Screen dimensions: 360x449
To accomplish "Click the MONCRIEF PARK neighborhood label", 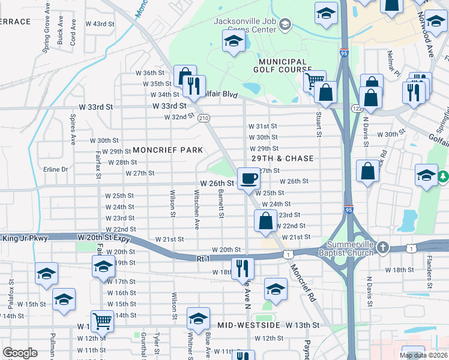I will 167,149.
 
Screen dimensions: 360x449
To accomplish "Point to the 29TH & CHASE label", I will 283,158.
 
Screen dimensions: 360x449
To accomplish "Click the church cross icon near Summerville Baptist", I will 384,247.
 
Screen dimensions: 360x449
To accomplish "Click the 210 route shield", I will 204,118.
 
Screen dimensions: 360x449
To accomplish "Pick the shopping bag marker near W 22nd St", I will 265,221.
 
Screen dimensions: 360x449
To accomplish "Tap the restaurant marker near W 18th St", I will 243,268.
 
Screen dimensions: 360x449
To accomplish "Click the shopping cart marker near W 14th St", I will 102,320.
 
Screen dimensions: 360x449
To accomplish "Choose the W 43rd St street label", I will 100,24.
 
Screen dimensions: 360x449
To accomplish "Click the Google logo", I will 20,353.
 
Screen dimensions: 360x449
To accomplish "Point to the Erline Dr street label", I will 56,169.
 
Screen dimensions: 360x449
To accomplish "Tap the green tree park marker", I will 443,176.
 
